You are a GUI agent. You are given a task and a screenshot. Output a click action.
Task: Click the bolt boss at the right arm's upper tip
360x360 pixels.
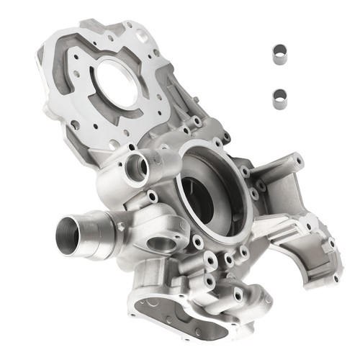tap(297, 159)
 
